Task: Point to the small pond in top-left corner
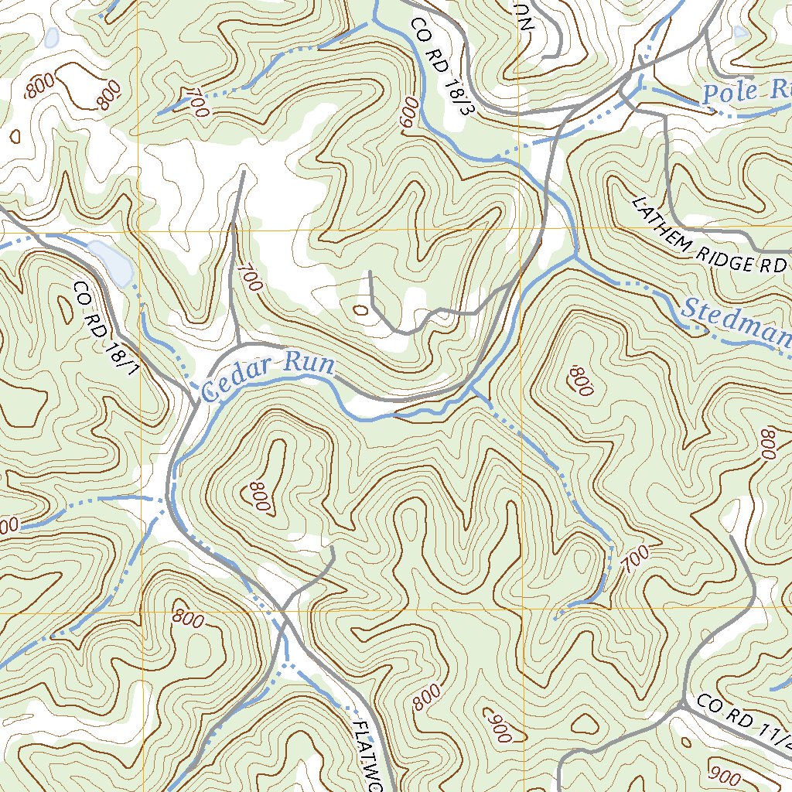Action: (x=52, y=37)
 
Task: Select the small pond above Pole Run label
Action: (x=740, y=32)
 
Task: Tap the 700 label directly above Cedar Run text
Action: (x=250, y=278)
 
